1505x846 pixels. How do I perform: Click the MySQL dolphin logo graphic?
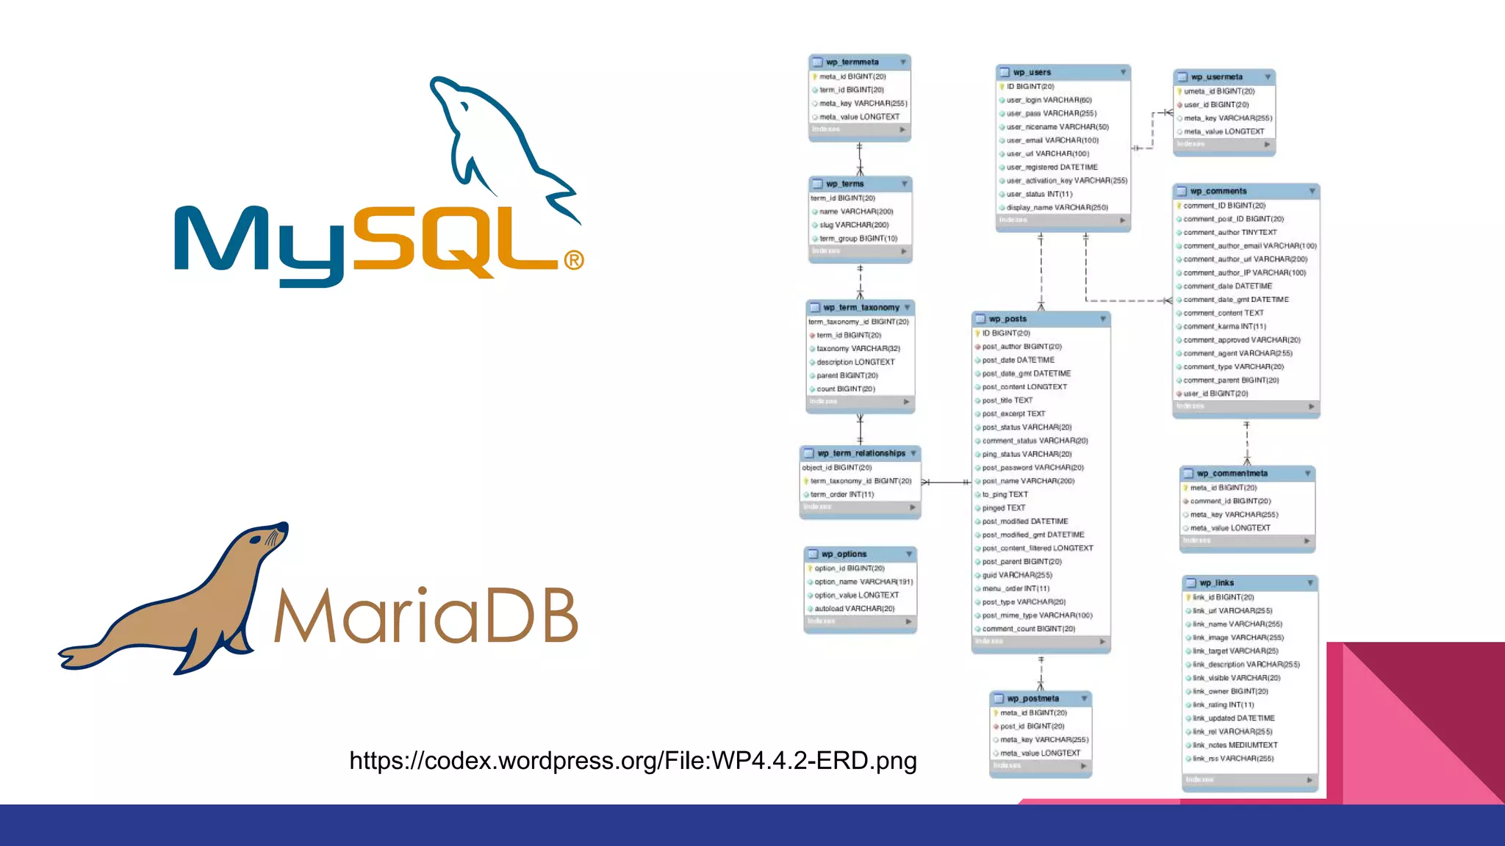(500, 147)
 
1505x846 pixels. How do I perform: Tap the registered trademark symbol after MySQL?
(574, 260)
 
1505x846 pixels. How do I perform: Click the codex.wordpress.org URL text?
(633, 761)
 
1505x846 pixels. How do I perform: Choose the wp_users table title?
(1032, 73)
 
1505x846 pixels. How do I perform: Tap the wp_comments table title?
(1218, 192)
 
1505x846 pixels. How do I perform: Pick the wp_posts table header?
(1007, 319)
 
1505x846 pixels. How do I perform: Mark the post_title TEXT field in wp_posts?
(1007, 401)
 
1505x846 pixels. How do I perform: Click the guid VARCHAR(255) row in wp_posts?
(1017, 576)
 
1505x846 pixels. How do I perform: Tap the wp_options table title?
(844, 554)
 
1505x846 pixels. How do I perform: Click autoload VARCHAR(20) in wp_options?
(854, 609)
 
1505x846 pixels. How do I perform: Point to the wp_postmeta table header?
(1032, 699)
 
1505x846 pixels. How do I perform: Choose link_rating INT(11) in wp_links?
(1223, 705)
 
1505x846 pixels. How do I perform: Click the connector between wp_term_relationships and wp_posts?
(947, 482)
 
